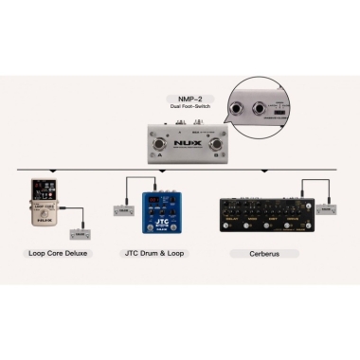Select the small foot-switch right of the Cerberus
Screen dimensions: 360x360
click(x=326, y=207)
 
